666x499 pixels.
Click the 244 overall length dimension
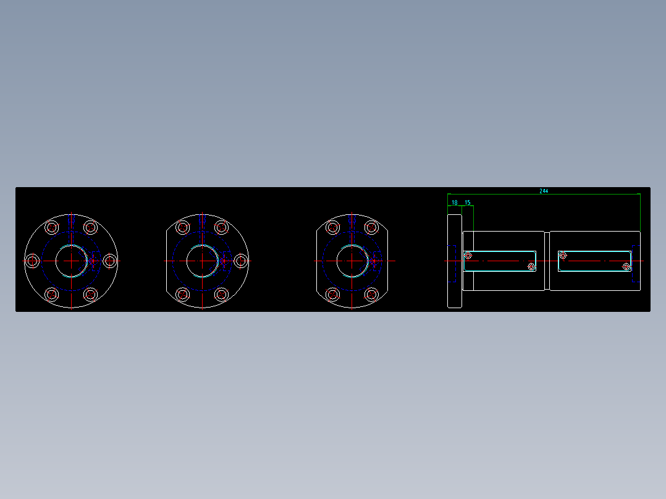click(x=544, y=191)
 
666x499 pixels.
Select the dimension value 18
click(x=455, y=203)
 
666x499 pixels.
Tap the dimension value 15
click(x=468, y=203)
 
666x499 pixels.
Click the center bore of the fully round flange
click(x=71, y=261)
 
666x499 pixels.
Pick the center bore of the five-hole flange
click(x=202, y=261)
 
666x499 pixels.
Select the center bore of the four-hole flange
click(x=352, y=261)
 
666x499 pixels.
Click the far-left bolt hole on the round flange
click(x=33, y=261)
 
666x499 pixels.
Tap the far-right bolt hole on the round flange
click(x=110, y=261)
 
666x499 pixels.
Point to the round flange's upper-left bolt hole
click(x=52, y=228)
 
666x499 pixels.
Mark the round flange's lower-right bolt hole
click(x=90, y=295)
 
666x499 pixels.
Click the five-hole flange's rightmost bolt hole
click(x=240, y=261)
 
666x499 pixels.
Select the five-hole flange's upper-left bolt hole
click(x=183, y=228)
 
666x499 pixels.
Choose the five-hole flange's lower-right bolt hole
click(x=221, y=295)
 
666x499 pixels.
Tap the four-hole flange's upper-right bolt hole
click(x=371, y=228)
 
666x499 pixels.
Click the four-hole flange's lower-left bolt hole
click(x=333, y=295)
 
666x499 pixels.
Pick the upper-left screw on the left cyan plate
click(x=468, y=256)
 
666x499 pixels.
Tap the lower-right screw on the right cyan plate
click(x=626, y=267)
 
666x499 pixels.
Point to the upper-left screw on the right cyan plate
click(x=563, y=255)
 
